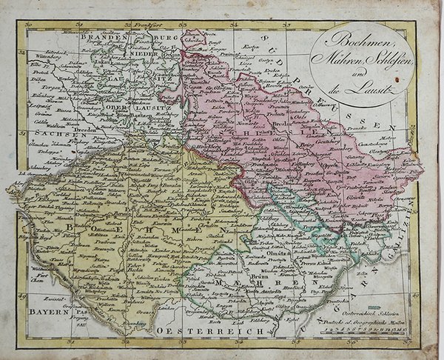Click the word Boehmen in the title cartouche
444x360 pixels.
[348, 41]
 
